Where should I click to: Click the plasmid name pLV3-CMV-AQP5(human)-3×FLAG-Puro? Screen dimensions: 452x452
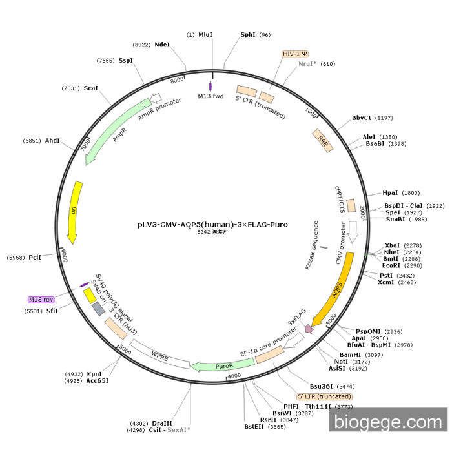(x=212, y=225)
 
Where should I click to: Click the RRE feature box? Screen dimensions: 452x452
(x=323, y=140)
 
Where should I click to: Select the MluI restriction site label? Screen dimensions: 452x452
(x=205, y=35)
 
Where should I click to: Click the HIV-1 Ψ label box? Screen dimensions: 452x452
(x=295, y=54)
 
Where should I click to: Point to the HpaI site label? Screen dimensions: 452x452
(x=391, y=192)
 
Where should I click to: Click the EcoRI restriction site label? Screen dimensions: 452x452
(x=391, y=265)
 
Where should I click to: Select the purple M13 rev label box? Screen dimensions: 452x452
(x=41, y=300)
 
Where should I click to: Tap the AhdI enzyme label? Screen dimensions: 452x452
(x=52, y=141)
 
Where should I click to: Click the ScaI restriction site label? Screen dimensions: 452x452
(x=90, y=88)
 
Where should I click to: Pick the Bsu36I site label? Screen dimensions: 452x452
(x=322, y=386)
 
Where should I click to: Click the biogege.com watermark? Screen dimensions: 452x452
(x=388, y=421)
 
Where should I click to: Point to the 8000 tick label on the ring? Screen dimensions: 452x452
(x=177, y=80)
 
